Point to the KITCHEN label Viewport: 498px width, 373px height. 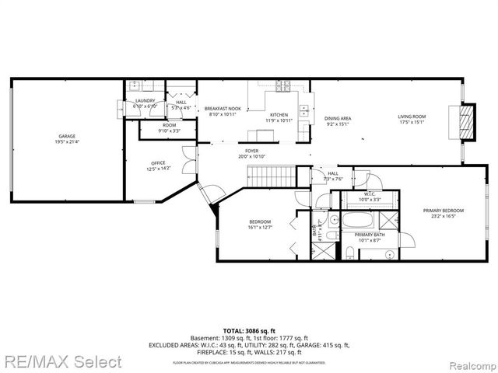point(279,114)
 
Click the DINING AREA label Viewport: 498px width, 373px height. point(338,118)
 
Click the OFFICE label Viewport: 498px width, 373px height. point(158,162)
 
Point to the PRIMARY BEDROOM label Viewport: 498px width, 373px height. point(443,211)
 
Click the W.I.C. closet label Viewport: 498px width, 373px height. point(370,194)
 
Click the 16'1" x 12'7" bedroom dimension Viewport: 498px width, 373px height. point(260,228)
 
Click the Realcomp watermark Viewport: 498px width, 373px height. point(468,363)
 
